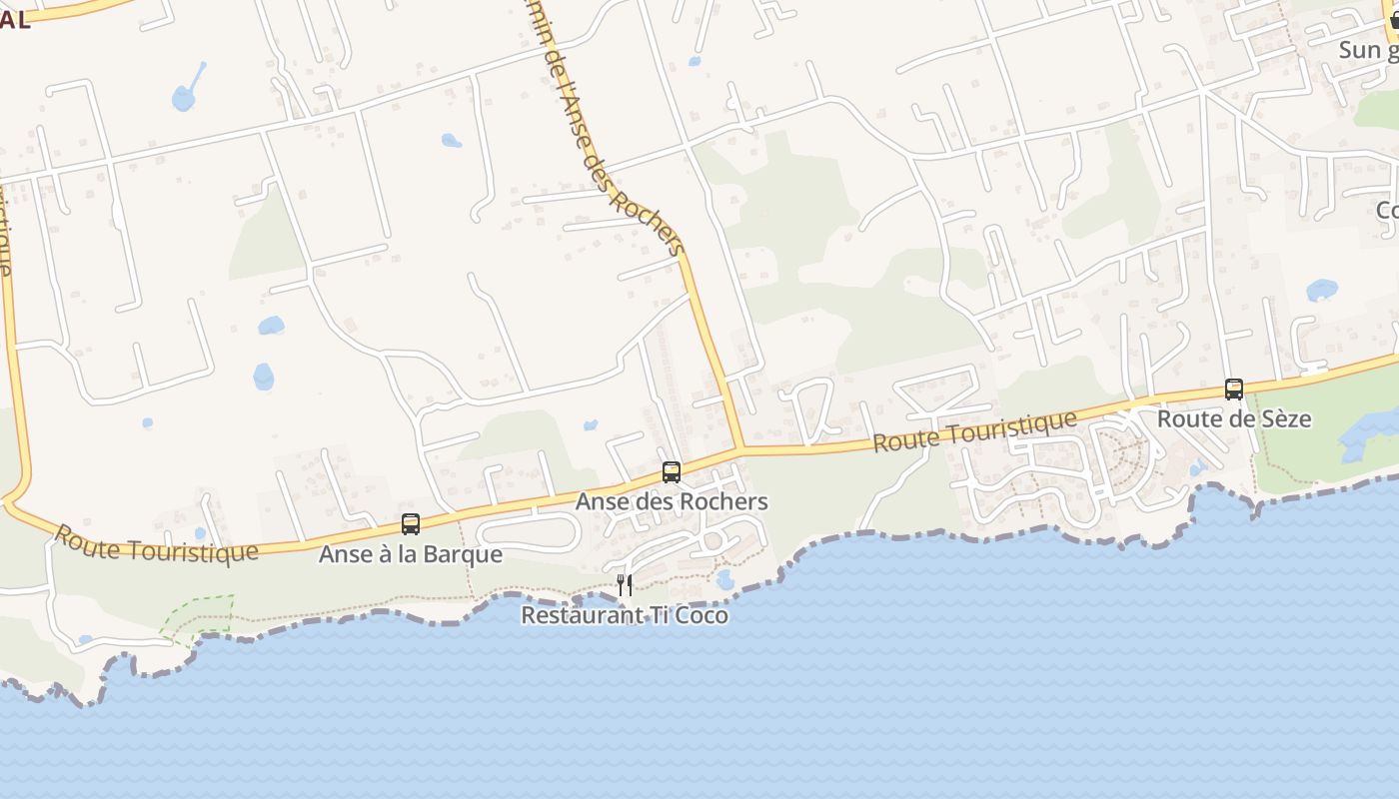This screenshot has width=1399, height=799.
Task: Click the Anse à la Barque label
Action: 410,553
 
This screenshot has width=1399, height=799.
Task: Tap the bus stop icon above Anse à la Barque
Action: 410,523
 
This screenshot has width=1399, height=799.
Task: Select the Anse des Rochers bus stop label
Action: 672,501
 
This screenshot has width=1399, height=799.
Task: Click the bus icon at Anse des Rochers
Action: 672,472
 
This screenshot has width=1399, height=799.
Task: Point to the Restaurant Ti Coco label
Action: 625,615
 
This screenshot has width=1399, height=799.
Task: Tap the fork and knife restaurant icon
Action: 625,585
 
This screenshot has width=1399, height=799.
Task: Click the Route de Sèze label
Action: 1234,419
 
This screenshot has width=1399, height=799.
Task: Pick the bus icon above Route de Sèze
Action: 1234,390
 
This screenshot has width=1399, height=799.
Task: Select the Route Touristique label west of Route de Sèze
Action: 974,431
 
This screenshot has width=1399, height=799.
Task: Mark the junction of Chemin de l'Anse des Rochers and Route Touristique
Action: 740,449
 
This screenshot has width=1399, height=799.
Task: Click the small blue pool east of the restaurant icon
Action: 725,579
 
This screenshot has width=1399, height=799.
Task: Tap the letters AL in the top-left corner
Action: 15,20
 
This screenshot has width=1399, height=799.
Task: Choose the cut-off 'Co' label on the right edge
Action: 1387,211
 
